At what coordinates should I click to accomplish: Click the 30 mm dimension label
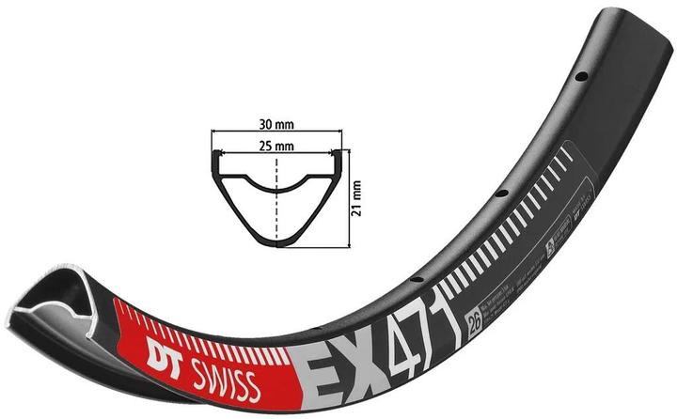click(x=279, y=123)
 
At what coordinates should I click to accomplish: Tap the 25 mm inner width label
click(x=279, y=147)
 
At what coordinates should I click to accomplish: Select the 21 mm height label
click(x=356, y=197)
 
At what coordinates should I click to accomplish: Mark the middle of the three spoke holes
click(x=501, y=194)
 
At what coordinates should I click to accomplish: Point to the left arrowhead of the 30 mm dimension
click(x=212, y=132)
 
